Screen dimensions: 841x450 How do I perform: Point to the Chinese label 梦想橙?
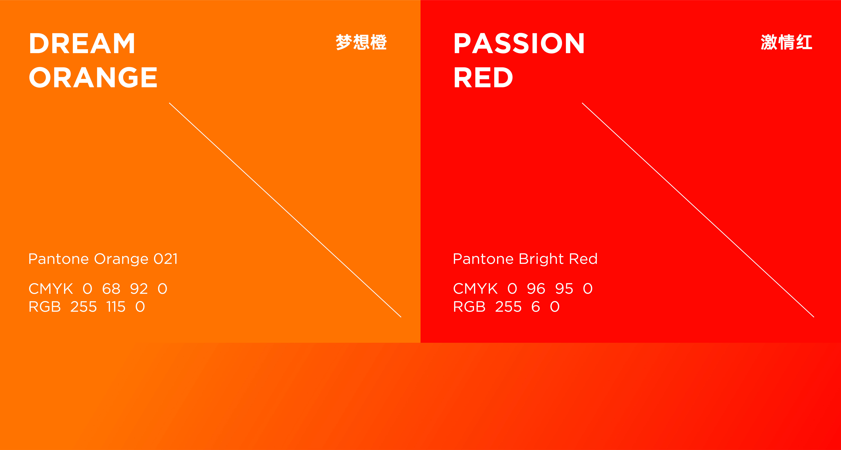(x=361, y=42)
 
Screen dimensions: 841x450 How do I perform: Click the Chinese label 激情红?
(x=786, y=42)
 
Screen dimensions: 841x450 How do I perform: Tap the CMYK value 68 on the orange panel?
(x=111, y=289)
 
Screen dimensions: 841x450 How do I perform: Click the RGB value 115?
(x=116, y=307)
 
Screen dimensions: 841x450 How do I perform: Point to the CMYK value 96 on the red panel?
(x=536, y=289)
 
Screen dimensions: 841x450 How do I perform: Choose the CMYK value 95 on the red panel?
(x=564, y=289)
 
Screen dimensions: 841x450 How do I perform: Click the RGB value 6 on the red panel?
(x=536, y=307)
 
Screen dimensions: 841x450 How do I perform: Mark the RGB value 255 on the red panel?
(x=508, y=307)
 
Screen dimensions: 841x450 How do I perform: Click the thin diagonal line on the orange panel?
(x=285, y=210)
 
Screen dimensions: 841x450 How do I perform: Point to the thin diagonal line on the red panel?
(x=698, y=210)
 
